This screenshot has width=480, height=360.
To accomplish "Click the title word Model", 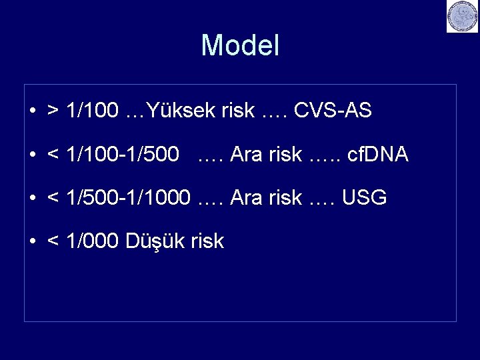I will pyautogui.click(x=240, y=46).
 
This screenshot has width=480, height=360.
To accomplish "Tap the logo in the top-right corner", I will pyautogui.click(x=462, y=17).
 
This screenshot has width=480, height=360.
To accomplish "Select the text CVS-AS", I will pyautogui.click(x=333, y=111).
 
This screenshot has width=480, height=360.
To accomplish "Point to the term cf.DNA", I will pyautogui.click(x=378, y=155).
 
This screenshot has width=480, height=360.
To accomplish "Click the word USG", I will pyautogui.click(x=364, y=198).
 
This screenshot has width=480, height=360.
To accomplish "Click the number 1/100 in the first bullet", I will pyautogui.click(x=93, y=111).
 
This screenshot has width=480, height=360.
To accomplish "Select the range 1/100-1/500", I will pyautogui.click(x=123, y=155).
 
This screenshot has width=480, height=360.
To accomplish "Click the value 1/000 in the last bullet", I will pyautogui.click(x=93, y=241).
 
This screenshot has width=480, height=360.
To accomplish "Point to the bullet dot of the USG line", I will pyautogui.click(x=33, y=199).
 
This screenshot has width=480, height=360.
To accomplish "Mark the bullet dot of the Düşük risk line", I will pyautogui.click(x=33, y=241).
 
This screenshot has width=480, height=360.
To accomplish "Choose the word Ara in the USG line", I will pyautogui.click(x=245, y=198).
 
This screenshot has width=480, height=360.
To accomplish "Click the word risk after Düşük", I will pyautogui.click(x=207, y=241).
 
